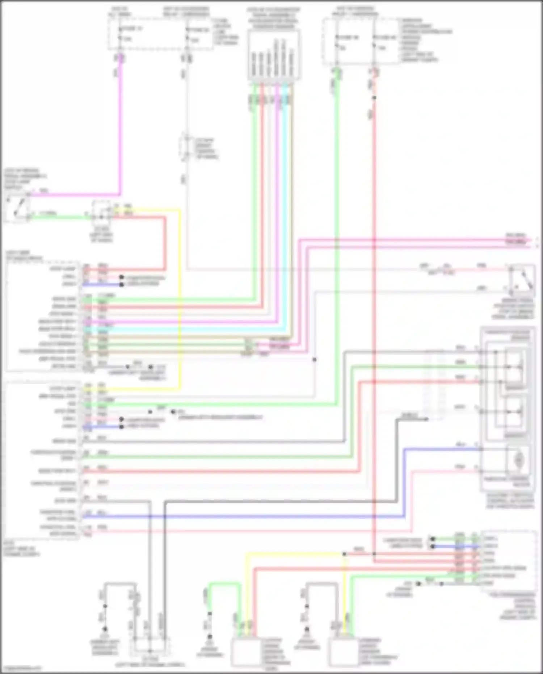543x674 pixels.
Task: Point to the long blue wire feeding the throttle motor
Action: [x=253, y=516]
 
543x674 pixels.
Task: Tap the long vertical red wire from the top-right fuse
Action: [x=374, y=326]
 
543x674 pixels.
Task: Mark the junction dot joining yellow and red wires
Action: [x=344, y=554]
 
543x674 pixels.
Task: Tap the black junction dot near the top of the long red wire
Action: [x=374, y=98]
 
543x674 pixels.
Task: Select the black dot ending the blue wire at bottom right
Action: [x=432, y=547]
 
